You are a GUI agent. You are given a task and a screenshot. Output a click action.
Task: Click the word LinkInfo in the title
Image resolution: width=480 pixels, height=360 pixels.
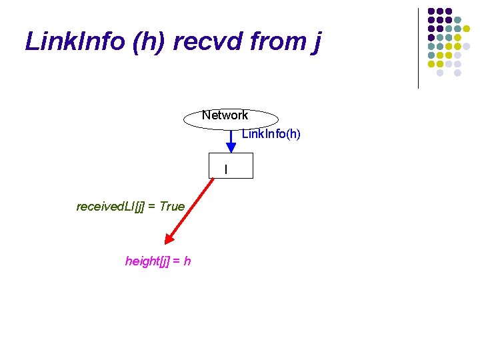(74, 41)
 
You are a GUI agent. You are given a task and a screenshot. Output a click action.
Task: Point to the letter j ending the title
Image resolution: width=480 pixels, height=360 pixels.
(315, 43)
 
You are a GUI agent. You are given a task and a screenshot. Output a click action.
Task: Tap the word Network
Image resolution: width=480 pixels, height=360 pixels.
(225, 115)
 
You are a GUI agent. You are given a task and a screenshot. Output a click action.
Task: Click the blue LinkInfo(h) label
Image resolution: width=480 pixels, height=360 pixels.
(271, 134)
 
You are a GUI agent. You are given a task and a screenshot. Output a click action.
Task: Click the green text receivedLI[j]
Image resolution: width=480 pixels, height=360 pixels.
(111, 207)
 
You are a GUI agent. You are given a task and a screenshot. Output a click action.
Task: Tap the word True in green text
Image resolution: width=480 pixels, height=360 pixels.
(172, 207)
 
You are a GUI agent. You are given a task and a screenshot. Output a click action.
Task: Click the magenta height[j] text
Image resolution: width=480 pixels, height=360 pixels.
(149, 261)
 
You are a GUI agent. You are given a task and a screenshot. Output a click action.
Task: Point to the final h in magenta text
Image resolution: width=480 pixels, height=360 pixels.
(187, 261)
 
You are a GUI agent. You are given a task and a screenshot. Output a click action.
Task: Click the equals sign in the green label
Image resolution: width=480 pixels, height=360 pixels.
(153, 207)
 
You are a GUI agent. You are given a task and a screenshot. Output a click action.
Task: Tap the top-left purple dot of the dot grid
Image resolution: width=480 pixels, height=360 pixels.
(431, 11)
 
